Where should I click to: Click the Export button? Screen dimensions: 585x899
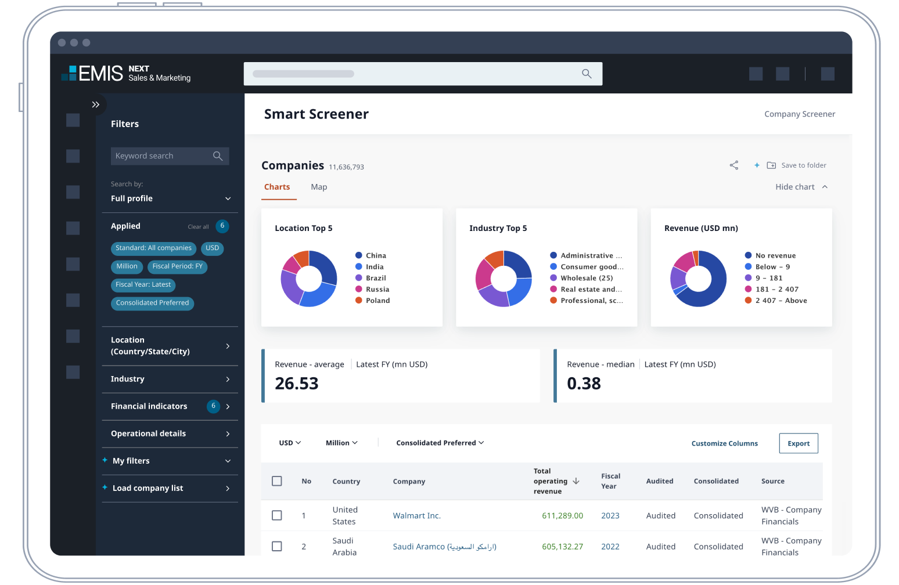[798, 443]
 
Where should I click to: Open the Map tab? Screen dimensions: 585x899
[319, 187]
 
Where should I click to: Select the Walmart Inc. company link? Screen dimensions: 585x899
[416, 515]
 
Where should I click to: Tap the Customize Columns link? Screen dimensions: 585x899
[724, 443]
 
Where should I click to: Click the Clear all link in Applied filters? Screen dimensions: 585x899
[198, 227]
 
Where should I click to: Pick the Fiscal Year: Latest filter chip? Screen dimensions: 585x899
[143, 284]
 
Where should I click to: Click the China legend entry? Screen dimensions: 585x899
[375, 255]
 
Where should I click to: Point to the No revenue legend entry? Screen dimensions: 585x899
[775, 255]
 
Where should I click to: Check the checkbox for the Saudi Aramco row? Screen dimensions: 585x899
[277, 546]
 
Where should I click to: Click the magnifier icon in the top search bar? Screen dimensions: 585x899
[587, 74]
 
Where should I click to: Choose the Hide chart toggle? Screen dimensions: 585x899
[801, 187]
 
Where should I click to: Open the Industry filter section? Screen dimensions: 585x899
[170, 379]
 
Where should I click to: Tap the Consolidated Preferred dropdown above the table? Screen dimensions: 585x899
[440, 443]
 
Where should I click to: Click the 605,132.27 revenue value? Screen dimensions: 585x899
[562, 546]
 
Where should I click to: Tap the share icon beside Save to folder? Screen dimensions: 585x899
[734, 165]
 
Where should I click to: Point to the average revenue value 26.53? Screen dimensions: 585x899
[297, 384]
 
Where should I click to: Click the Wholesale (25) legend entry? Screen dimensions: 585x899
[585, 278]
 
